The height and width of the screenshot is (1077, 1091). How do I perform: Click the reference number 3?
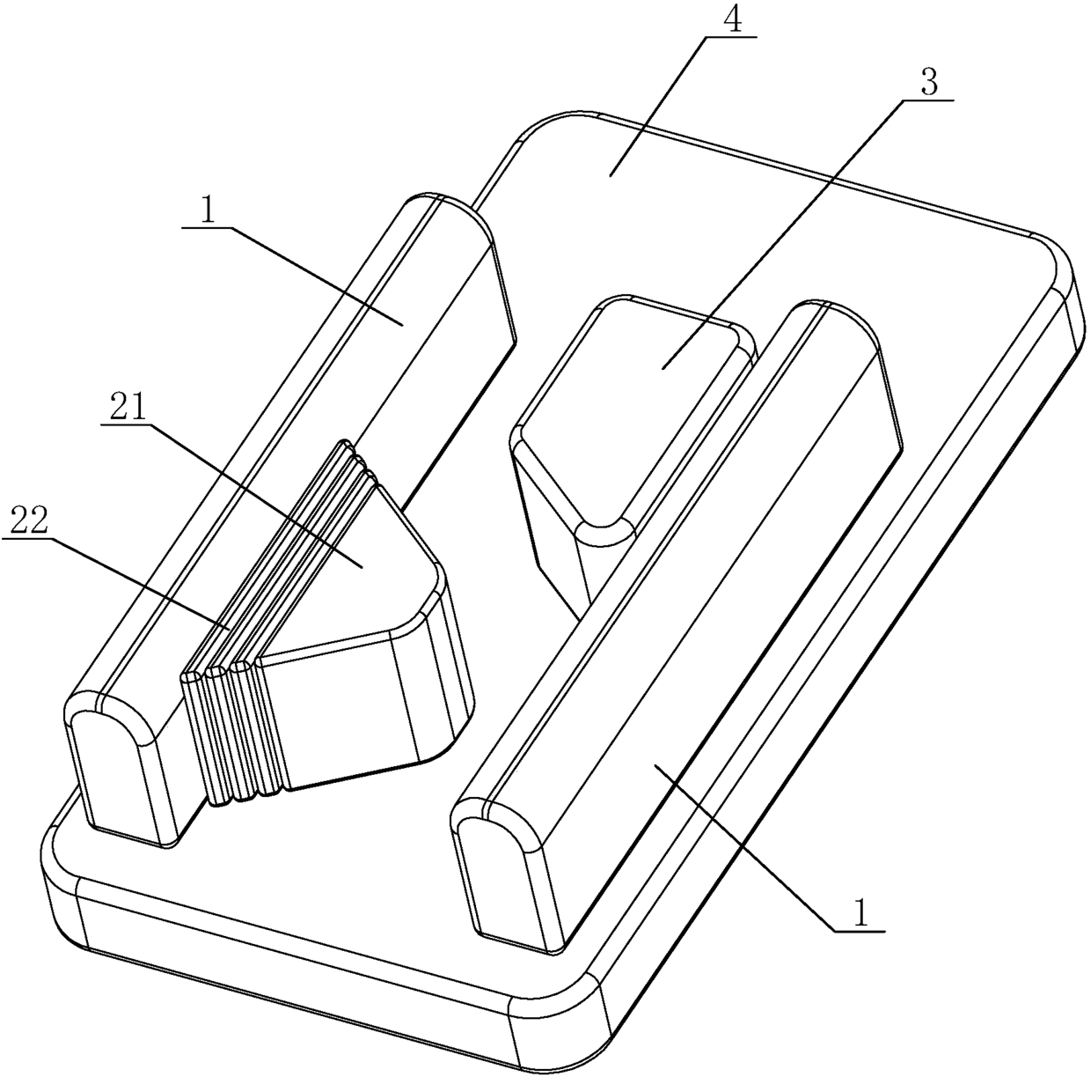[x=929, y=84]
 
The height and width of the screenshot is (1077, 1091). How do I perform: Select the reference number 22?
[x=29, y=524]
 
